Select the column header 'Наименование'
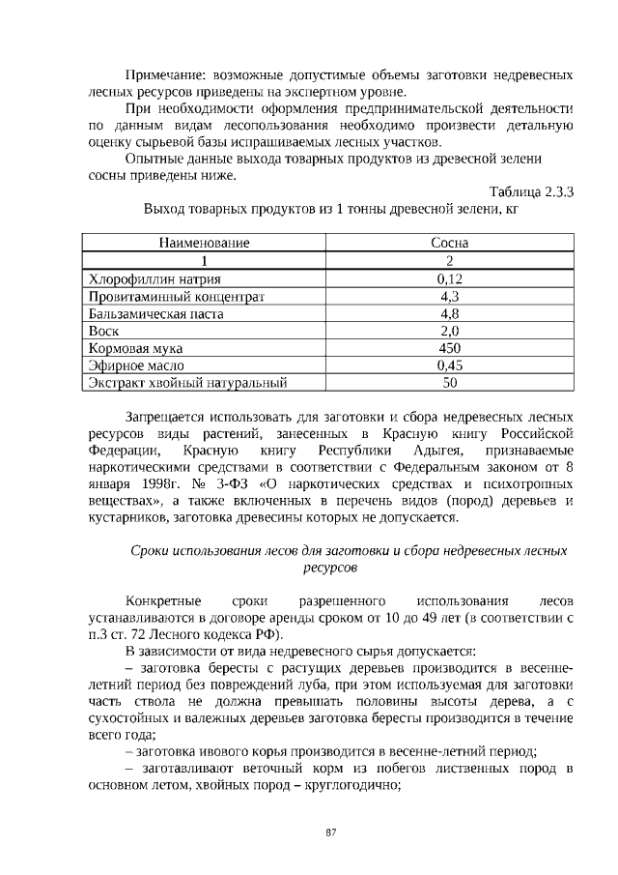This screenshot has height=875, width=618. pyautogui.click(x=205, y=244)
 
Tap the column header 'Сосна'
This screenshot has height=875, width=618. pyautogui.click(x=449, y=244)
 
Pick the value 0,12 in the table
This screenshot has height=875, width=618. pyautogui.click(x=449, y=279)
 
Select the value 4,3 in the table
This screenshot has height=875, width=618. pyautogui.click(x=449, y=297)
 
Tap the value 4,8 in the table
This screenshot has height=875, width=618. pyautogui.click(x=449, y=314)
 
